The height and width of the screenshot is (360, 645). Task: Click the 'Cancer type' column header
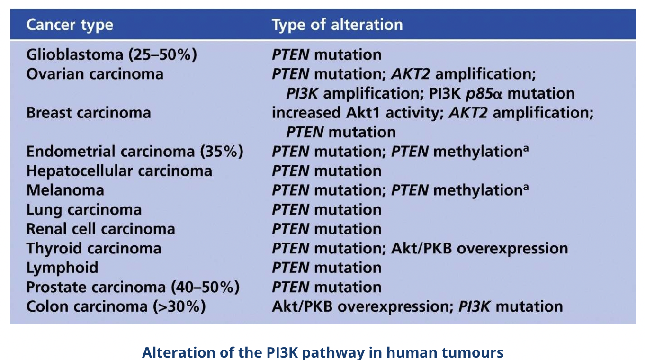[x=70, y=25]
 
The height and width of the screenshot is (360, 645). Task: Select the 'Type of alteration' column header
[x=337, y=25]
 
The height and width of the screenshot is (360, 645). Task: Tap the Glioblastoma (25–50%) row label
[x=112, y=55]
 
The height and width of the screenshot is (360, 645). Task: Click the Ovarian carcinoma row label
[x=95, y=74]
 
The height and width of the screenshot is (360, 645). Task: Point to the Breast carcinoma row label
[x=89, y=113]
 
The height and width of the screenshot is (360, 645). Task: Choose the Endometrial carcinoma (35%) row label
[x=135, y=152]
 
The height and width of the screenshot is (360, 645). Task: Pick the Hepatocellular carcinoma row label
[x=119, y=171]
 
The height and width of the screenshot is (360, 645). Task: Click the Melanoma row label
[x=65, y=190]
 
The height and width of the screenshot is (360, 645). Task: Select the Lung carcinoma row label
[x=84, y=210]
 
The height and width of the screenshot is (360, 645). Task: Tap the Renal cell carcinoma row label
[x=100, y=229]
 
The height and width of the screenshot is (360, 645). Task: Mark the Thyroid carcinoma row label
[x=94, y=249]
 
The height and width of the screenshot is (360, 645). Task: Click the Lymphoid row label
[x=62, y=268]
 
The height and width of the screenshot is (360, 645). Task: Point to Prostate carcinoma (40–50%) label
[x=133, y=287]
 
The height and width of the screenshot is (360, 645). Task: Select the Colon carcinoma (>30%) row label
[x=116, y=306]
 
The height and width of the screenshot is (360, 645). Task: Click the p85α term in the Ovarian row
[x=484, y=94]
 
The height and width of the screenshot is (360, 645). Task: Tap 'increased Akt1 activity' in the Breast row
[x=358, y=113]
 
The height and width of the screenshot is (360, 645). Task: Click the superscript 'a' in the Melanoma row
[x=526, y=187]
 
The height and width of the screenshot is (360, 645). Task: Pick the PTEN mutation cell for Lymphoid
[x=327, y=268]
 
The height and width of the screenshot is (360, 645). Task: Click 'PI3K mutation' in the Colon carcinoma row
[x=510, y=306]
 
